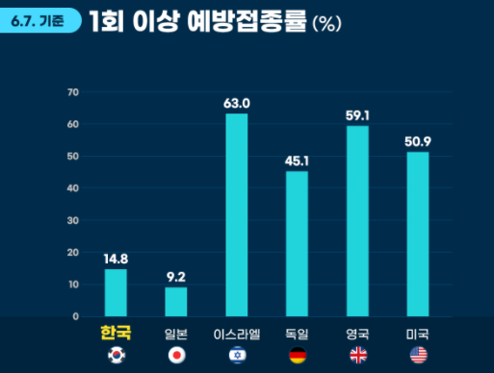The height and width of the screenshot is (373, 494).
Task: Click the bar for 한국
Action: pos(116,292)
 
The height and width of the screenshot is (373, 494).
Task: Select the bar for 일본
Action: pos(176,301)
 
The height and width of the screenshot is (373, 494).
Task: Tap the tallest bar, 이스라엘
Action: pos(237,214)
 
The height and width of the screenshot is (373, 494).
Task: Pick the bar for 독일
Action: pos(297,243)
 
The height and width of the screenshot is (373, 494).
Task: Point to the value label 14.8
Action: pos(116,258)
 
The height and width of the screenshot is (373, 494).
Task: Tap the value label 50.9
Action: pos(418,141)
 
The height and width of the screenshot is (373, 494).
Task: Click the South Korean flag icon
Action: pos(116,356)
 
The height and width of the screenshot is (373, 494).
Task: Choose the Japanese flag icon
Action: pos(176,356)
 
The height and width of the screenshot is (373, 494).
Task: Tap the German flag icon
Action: pos(297,356)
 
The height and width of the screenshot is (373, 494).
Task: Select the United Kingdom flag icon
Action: pos(357,356)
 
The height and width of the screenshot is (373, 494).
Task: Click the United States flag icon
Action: pos(418,356)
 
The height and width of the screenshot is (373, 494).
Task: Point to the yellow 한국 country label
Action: pos(116,334)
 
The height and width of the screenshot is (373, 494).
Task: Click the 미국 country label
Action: pos(418,335)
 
